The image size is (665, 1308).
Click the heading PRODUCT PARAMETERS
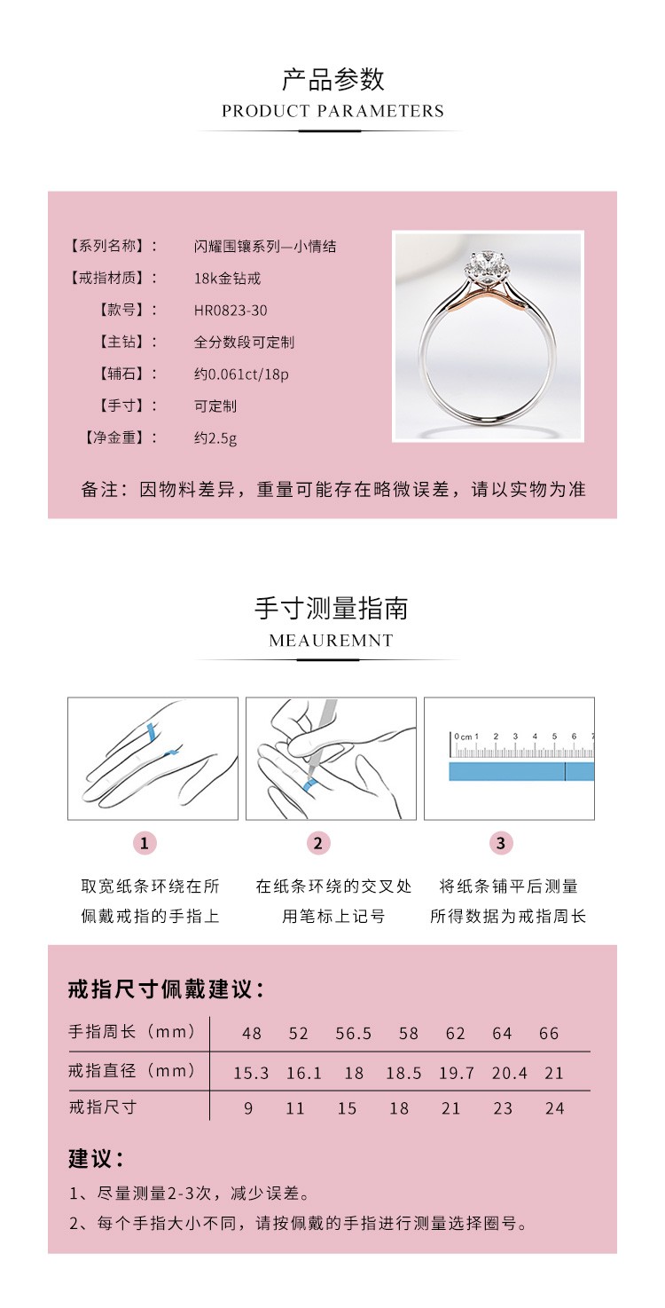click(x=332, y=111)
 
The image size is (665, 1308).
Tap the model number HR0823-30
click(x=231, y=311)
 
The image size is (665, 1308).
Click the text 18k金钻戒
click(x=227, y=279)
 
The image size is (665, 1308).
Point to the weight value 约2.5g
click(x=215, y=437)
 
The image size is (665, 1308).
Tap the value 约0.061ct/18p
click(x=241, y=374)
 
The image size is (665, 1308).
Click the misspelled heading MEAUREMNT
click(x=331, y=641)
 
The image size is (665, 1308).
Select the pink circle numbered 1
click(x=145, y=843)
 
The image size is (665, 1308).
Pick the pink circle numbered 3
click(x=501, y=843)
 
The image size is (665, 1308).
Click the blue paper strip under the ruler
click(x=520, y=772)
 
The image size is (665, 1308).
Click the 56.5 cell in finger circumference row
click(x=354, y=1034)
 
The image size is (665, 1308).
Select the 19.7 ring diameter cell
click(x=457, y=1074)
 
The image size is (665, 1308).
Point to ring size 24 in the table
click(x=554, y=1108)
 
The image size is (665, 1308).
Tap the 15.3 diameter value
click(x=251, y=1074)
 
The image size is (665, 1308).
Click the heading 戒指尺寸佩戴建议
click(x=166, y=989)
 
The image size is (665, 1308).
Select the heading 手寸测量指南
click(x=332, y=609)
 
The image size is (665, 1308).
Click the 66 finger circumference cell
click(x=549, y=1034)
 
